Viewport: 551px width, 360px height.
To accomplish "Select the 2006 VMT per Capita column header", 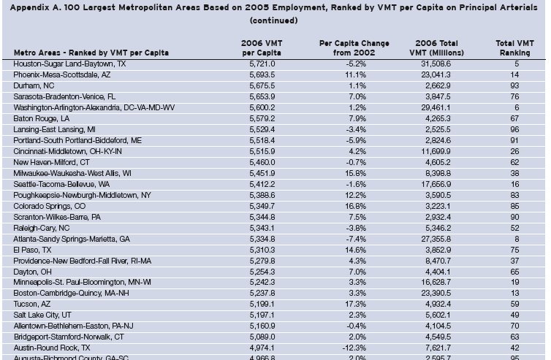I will [257, 48].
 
